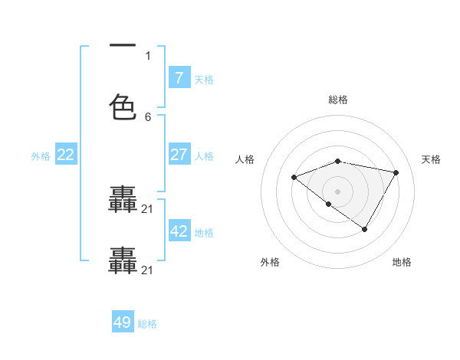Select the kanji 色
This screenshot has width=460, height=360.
(x=123, y=106)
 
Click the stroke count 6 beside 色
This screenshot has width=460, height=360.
(x=148, y=117)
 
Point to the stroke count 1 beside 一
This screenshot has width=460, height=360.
(x=148, y=56)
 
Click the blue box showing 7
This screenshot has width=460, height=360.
(x=179, y=78)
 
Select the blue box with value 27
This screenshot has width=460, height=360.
(x=179, y=155)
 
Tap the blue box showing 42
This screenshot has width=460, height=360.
(x=179, y=231)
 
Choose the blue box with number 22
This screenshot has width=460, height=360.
(x=66, y=155)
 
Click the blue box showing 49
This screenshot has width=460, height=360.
(x=123, y=322)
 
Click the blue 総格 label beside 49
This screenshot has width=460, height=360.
(x=147, y=324)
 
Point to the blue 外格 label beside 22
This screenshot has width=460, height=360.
(x=41, y=156)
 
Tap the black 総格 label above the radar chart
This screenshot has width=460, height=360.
(x=338, y=100)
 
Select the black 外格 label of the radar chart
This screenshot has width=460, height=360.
(x=270, y=262)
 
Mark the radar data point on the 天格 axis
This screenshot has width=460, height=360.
(x=396, y=172)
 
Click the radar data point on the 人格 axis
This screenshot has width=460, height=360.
(x=294, y=177)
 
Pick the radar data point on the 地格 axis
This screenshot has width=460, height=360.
(x=365, y=229)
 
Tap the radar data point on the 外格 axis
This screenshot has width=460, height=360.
(x=329, y=204)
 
